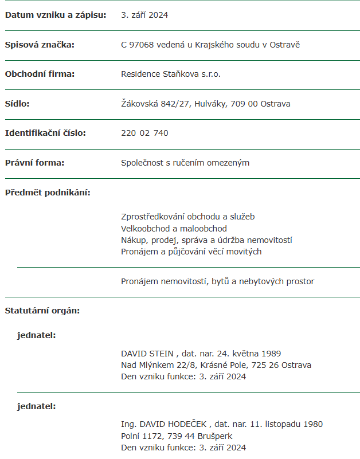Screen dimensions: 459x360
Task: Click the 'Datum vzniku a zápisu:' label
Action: [56, 15]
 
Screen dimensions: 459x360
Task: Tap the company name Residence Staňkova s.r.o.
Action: [171, 74]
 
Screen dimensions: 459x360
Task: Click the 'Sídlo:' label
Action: [17, 104]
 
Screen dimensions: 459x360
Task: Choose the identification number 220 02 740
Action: [144, 133]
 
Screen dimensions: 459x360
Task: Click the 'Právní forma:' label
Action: [34, 163]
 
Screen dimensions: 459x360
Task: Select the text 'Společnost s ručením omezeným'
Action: [185, 163]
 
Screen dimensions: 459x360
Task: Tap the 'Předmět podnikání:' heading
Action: [48, 193]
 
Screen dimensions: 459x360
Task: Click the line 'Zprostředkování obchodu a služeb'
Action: [188, 217]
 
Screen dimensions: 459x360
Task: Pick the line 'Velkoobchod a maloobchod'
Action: [174, 229]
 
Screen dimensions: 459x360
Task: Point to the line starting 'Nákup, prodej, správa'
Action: [207, 240]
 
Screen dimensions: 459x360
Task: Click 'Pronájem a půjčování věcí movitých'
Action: [191, 252]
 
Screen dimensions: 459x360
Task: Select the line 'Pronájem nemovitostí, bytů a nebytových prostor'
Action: [218, 281]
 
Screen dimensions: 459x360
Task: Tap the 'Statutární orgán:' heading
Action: [42, 311]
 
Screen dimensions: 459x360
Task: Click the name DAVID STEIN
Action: [147, 354]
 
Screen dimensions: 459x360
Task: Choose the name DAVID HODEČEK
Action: [171, 425]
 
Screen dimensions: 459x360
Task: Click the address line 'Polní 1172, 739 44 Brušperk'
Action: [177, 436]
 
